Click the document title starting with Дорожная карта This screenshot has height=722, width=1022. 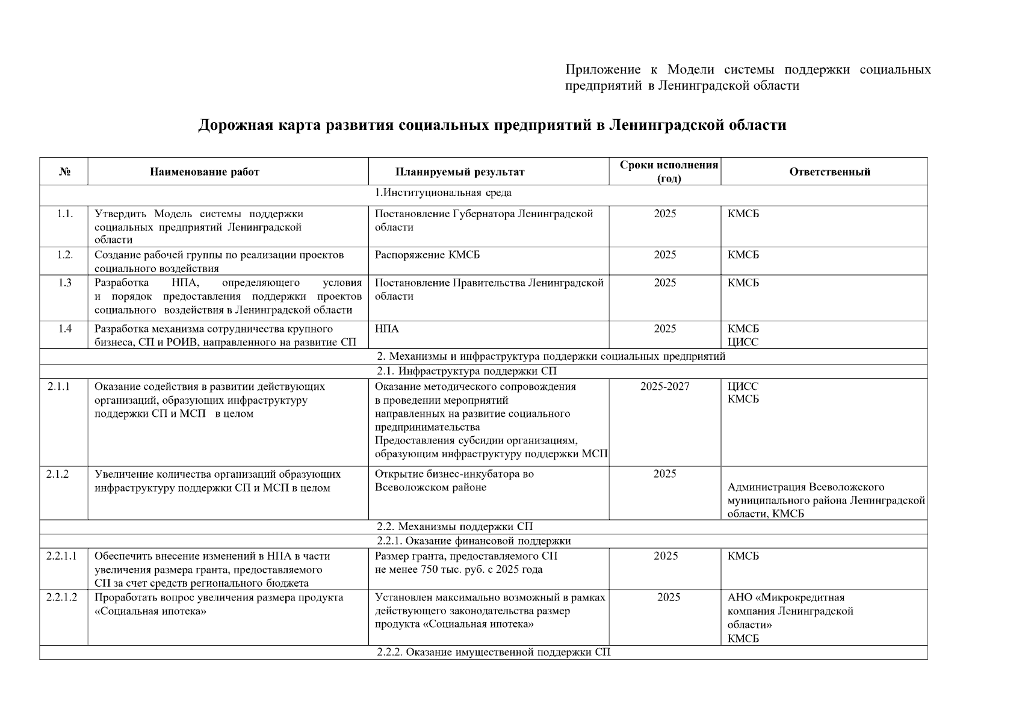point(492,125)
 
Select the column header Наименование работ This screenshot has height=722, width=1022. point(205,172)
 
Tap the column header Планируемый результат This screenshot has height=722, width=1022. point(460,172)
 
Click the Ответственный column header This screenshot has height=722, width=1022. point(829,172)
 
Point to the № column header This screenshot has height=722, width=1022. point(65,172)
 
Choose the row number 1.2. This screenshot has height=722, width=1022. point(65,255)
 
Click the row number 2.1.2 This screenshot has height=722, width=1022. point(58,474)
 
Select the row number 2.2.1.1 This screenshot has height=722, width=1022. point(61,556)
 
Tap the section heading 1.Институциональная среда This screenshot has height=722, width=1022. point(443,193)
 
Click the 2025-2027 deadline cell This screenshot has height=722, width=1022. point(665,386)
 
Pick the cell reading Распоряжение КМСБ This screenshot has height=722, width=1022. point(427,255)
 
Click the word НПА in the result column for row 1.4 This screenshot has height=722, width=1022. point(386,329)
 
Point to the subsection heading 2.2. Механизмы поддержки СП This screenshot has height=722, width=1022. point(454,527)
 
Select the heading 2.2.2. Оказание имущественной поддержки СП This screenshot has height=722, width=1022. point(494,652)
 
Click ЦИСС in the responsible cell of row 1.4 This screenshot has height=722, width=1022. point(743,342)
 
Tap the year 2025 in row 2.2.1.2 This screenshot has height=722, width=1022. point(669,597)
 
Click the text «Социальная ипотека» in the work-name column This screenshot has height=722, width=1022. point(150,611)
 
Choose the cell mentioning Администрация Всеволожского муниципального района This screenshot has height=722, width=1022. point(826,500)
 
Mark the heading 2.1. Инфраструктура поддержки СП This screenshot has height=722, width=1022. point(466,371)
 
